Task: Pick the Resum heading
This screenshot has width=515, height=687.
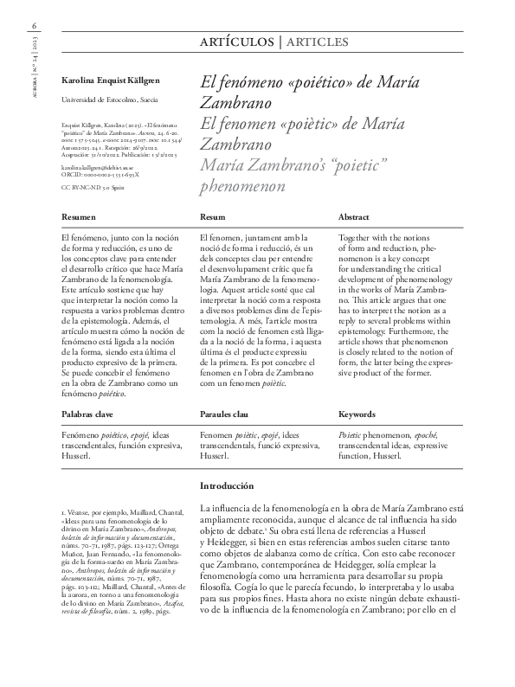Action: (213, 217)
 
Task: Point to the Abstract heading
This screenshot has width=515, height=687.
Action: (353, 217)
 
